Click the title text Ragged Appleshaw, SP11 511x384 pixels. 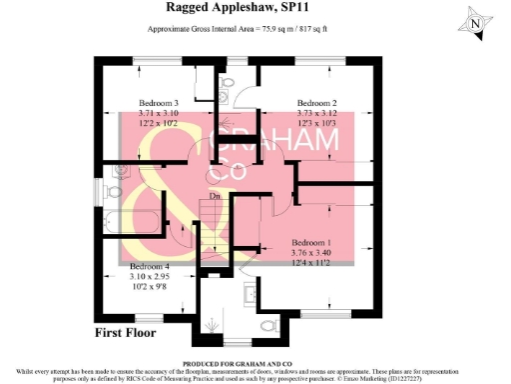(x=255, y=8)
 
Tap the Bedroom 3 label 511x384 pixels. (x=158, y=104)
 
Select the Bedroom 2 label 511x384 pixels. (x=316, y=104)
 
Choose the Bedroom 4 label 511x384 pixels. (x=150, y=266)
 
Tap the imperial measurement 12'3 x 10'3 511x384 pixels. (x=316, y=124)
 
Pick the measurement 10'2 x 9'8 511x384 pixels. (x=150, y=286)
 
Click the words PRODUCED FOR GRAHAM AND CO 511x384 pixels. (x=255, y=365)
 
